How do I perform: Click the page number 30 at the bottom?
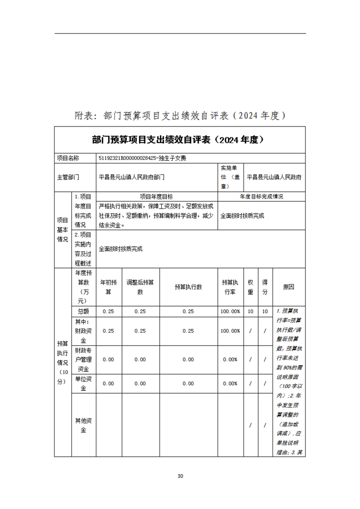pos(180,476)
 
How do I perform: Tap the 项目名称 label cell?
pos(68,158)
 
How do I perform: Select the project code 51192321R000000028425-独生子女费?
pos(142,158)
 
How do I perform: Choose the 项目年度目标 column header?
pos(156,196)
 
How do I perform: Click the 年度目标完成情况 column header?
pos(261,196)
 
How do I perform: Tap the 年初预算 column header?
pos(108,287)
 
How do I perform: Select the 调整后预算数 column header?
pos(140,287)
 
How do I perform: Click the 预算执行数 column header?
pos(188,287)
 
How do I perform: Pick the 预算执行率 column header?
pos(230,287)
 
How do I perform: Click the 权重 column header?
pos(251,287)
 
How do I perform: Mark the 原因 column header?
pos(288,287)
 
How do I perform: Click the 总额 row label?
pos(83,311)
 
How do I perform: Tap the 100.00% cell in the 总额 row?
pos(230,311)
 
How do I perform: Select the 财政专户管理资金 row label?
pos(83,359)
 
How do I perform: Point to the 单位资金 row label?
pos(83,383)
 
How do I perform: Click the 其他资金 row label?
pos(83,425)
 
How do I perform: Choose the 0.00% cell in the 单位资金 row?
pos(230,383)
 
